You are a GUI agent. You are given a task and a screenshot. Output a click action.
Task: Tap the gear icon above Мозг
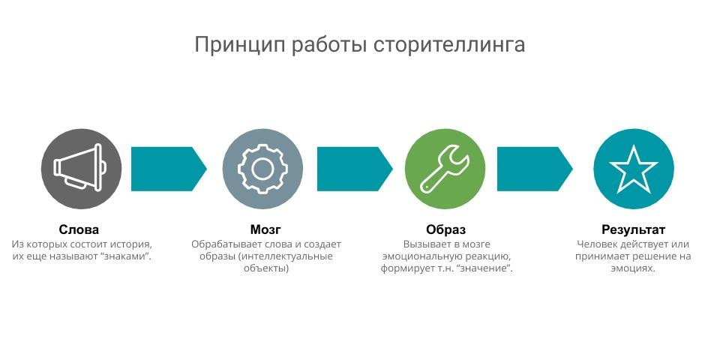click(262, 169)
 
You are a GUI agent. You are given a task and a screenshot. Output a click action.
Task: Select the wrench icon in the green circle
click(445, 169)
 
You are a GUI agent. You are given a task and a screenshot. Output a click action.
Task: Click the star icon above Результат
click(633, 169)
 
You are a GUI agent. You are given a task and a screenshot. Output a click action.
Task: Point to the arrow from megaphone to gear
click(169, 169)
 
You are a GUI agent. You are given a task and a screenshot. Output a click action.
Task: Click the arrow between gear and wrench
click(355, 169)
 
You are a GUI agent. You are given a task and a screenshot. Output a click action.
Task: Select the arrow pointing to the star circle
click(535, 169)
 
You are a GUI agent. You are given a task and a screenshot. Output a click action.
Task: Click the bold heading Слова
click(79, 229)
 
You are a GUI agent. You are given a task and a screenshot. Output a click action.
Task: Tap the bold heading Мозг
click(265, 229)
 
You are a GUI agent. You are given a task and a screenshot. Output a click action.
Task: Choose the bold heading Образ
click(445, 229)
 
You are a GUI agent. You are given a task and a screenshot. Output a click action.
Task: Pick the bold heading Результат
click(633, 229)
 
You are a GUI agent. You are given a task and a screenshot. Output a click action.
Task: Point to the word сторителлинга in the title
click(448, 45)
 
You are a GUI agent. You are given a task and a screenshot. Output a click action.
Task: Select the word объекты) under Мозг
click(265, 268)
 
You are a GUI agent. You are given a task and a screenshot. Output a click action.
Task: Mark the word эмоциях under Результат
click(633, 268)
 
